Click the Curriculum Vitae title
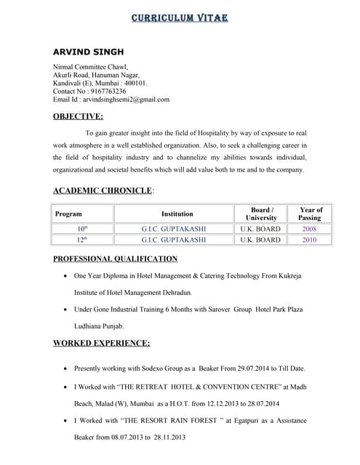pyautogui.click(x=180, y=17)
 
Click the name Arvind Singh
pyautogui.click(x=88, y=52)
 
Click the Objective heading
pyautogui.click(x=78, y=116)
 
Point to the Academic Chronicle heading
pyautogui.click(x=103, y=190)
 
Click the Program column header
pyautogui.click(x=68, y=214)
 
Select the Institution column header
pyautogui.click(x=177, y=214)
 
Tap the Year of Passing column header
pyautogui.click(x=310, y=214)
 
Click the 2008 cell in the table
pyautogui.click(x=310, y=229)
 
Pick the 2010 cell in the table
pyautogui.click(x=310, y=239)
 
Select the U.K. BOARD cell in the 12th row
pyautogui.click(x=260, y=239)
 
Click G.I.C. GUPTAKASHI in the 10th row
pyautogui.click(x=174, y=229)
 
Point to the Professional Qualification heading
pyautogui.click(x=115, y=259)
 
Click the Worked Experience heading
pyautogui.click(x=101, y=343)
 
